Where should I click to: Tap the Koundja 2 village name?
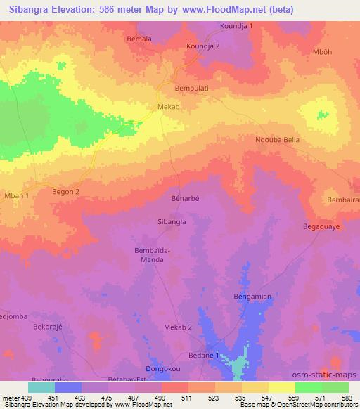click(202, 46)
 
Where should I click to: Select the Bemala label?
click(139, 39)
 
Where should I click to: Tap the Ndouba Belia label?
click(277, 140)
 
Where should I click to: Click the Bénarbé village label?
click(186, 199)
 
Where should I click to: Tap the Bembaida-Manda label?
click(148, 254)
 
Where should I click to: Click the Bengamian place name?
click(252, 297)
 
